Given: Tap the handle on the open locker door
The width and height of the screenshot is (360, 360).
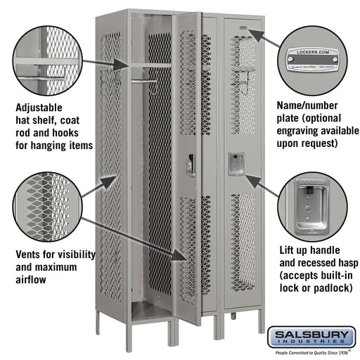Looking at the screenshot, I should coord(191,165).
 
